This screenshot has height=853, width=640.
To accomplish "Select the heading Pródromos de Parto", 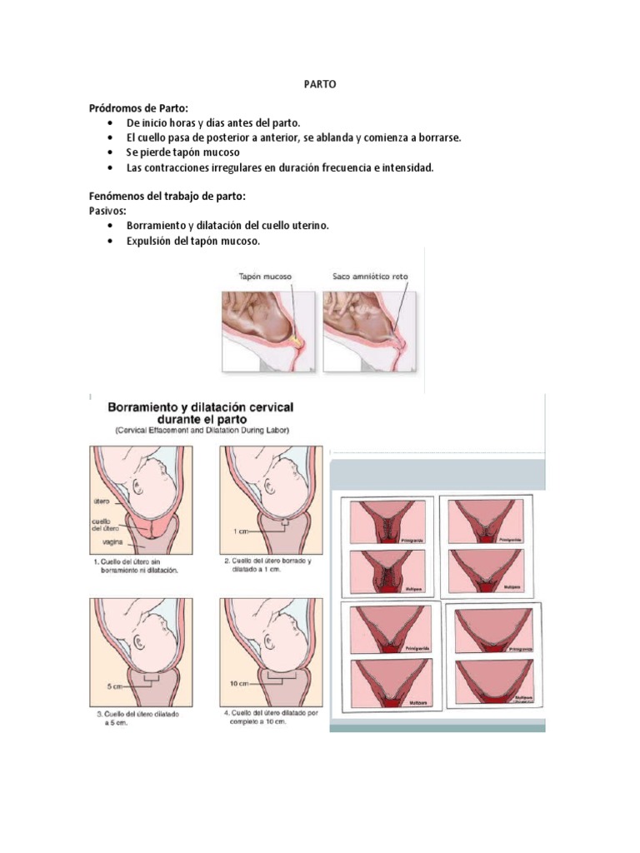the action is point(139,107).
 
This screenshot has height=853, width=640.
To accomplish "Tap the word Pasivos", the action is point(107,211).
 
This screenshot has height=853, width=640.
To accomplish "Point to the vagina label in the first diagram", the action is point(102,541).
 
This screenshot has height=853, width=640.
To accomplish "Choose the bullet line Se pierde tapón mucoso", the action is point(182,153).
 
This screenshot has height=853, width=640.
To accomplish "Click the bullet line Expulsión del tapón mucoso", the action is point(193,242).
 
